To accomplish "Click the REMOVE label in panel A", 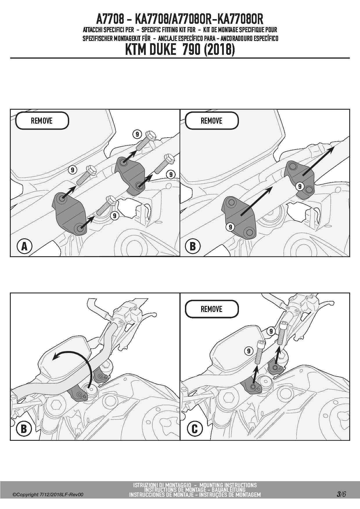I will [x=42, y=121].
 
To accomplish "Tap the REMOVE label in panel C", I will [x=212, y=309].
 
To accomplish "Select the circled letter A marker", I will [x=24, y=246].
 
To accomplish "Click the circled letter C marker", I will [x=195, y=429].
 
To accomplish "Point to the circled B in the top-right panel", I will [x=192, y=246].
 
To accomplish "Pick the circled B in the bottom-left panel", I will [x=24, y=429].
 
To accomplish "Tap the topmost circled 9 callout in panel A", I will [x=137, y=134].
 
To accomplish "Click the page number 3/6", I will [x=341, y=494].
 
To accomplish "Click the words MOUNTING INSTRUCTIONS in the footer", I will [x=228, y=485].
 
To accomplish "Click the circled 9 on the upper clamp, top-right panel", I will [x=300, y=186].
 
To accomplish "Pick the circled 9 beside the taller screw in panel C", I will [x=271, y=331].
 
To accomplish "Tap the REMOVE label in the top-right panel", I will [x=212, y=121].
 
